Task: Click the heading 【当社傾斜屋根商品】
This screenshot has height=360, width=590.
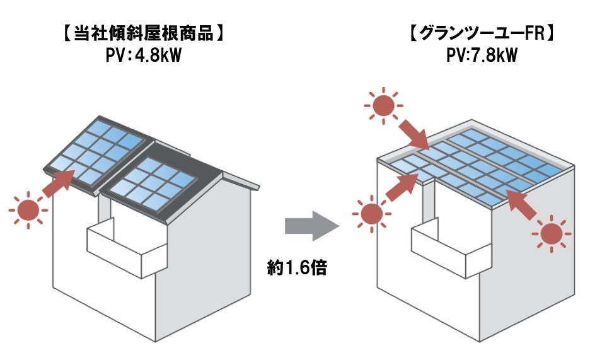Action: pos(144,33)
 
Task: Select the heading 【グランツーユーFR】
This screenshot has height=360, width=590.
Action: pos(481,33)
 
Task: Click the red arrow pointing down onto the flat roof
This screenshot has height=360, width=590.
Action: pos(414,134)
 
